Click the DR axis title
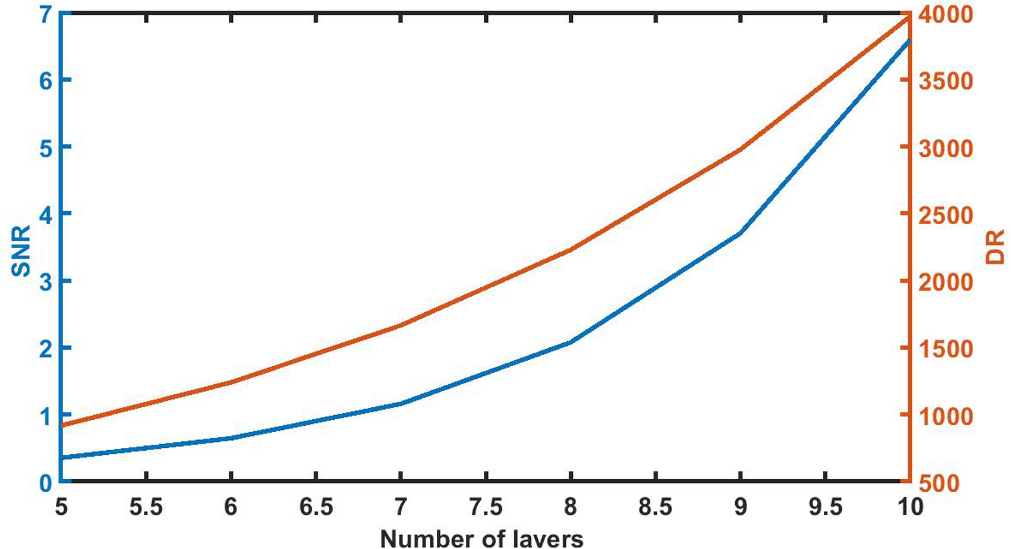995,247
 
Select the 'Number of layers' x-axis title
481,538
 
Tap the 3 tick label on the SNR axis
46,281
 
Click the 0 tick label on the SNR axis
46,482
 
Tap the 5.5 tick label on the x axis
146,507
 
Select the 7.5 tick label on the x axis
485,507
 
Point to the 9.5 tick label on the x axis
825,507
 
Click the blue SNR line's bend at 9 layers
740,233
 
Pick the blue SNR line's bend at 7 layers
400,404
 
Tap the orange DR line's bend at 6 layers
231,382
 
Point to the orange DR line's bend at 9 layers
740,149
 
